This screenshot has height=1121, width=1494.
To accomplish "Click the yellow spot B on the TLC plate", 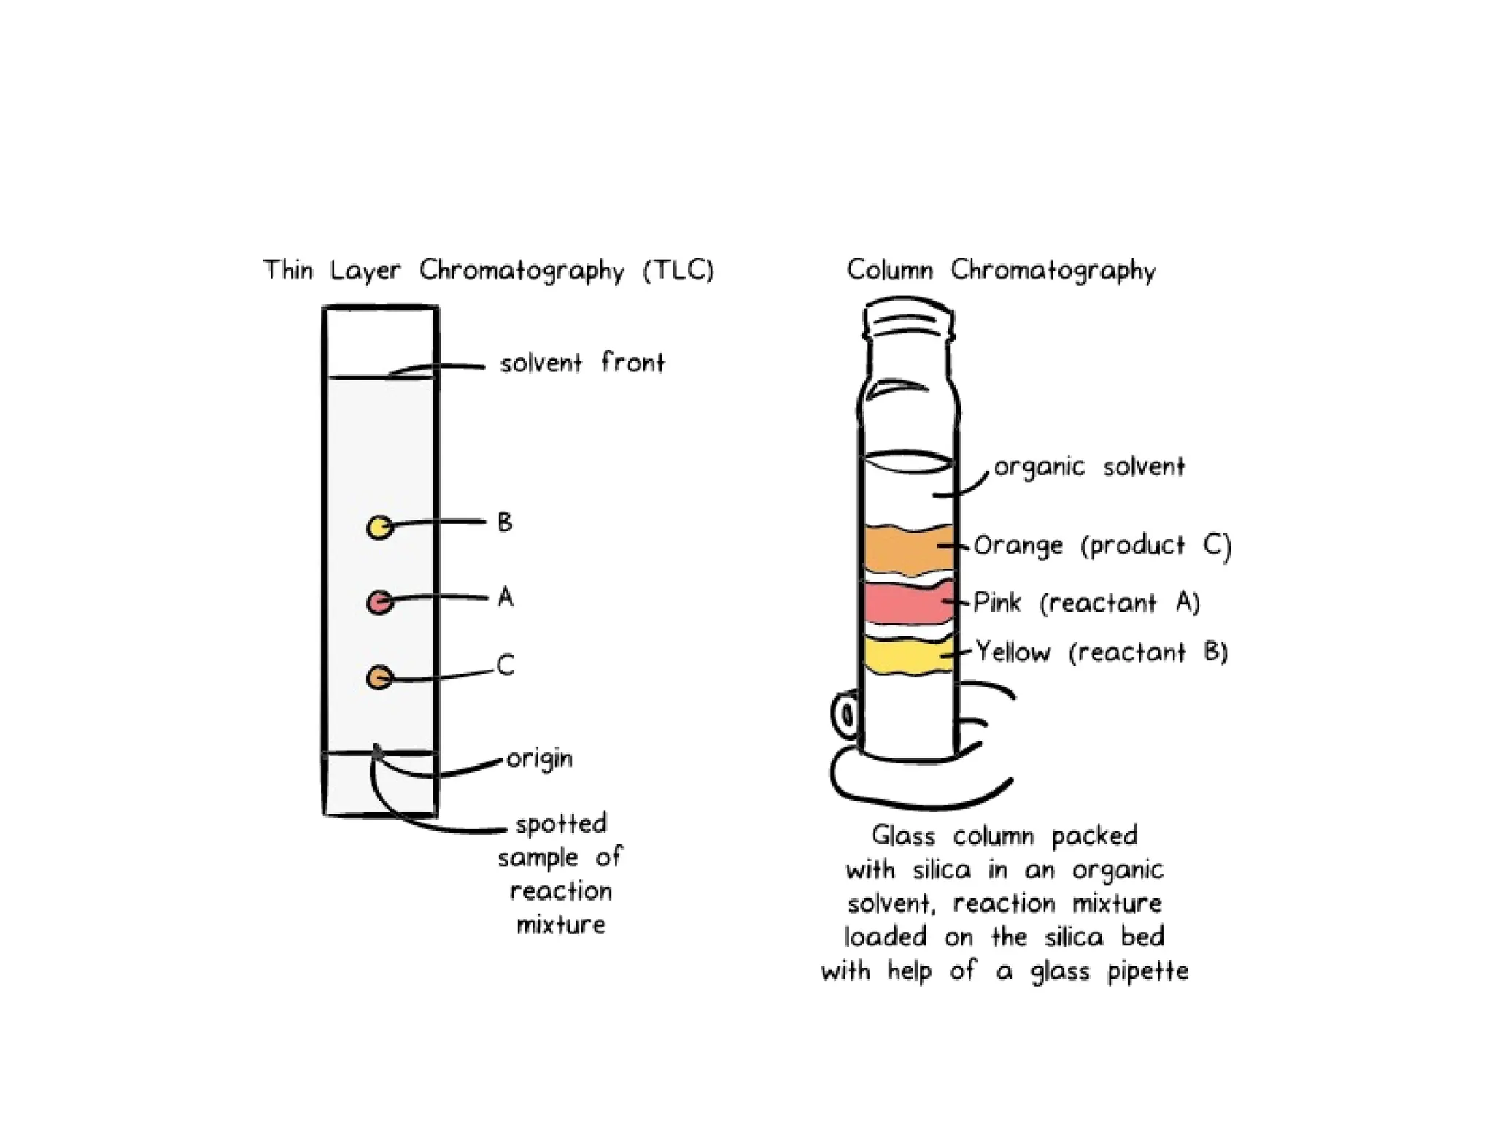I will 379,526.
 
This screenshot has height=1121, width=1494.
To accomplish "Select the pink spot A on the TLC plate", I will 379,602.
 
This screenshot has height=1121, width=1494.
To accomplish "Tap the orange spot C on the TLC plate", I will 379,678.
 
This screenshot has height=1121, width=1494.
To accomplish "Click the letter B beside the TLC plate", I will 505,523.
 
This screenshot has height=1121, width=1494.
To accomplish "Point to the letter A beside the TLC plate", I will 506,598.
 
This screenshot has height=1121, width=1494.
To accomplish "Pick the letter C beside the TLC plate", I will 505,665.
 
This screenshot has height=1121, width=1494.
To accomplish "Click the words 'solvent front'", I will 582,363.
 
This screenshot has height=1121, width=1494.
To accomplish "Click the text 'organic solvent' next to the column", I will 1089,467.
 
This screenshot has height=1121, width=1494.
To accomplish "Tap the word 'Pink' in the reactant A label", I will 997,603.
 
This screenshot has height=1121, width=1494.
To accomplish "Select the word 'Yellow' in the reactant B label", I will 1013,652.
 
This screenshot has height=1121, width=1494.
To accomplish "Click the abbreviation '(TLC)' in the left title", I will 678,271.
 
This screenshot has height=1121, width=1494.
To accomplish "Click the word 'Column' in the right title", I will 889,271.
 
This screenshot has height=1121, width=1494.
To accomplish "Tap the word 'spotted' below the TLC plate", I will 561,825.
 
